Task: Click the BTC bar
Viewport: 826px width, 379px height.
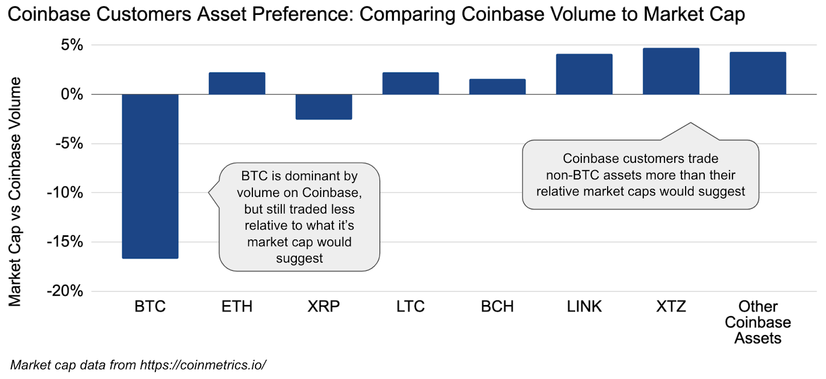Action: pos(150,176)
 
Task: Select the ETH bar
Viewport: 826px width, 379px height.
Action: pos(237,83)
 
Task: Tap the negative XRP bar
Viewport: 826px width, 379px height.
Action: pos(324,107)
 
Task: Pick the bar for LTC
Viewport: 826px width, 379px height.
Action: pos(410,83)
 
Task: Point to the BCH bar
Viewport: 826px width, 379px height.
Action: pos(498,87)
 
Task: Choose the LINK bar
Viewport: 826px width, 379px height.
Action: pos(584,74)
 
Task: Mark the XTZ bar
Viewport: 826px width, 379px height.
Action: pos(671,71)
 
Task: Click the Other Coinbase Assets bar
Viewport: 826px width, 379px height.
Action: pos(758,73)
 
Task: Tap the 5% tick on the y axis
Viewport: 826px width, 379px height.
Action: pos(72,45)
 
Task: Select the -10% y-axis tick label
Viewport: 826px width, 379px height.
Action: pos(65,192)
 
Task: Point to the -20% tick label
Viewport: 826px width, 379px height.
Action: pos(65,291)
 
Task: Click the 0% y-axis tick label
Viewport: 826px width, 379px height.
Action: pos(72,94)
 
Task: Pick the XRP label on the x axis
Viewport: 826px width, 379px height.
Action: pos(324,306)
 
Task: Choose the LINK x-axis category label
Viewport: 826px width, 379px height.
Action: pos(584,306)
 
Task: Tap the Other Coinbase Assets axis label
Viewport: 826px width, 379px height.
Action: pos(758,322)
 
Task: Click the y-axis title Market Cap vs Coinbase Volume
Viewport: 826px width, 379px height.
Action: pos(15,192)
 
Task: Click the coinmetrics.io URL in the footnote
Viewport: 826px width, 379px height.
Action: pos(203,365)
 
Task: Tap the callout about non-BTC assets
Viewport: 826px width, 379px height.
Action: pos(641,174)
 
